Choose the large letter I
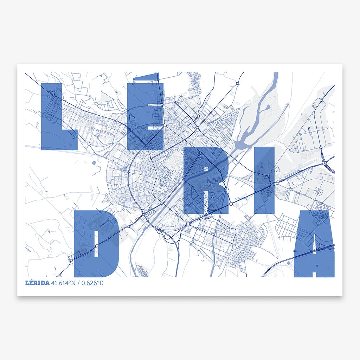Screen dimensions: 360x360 coord(264,180)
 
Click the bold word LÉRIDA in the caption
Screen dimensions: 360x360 coord(37,283)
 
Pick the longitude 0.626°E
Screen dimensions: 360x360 coord(92,283)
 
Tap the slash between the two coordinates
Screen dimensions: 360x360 coord(79,283)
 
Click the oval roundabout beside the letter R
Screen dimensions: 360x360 coord(226,190)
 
